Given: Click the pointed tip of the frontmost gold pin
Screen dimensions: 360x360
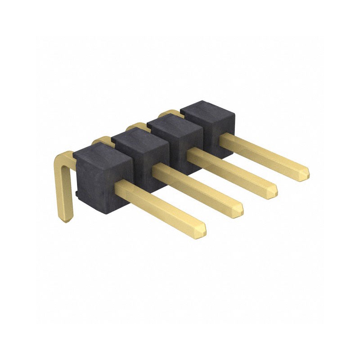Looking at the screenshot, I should (204, 230).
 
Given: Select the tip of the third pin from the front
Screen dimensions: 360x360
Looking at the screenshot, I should (274, 191).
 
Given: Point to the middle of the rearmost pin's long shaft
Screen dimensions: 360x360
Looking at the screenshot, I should (265, 153).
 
